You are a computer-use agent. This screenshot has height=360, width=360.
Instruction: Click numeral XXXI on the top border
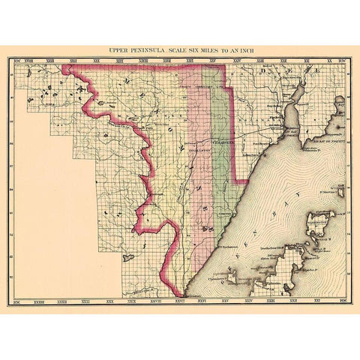(73, 61)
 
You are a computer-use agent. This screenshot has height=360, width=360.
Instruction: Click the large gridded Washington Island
(321, 222)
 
